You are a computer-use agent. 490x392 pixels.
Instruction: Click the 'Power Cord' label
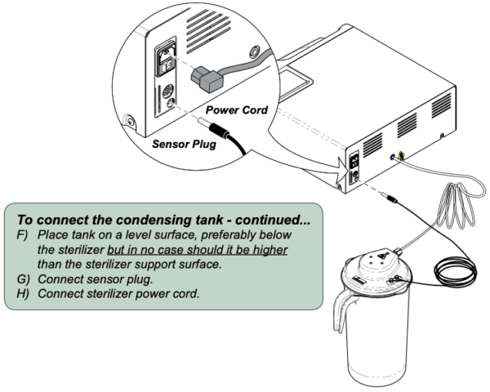tap(235, 109)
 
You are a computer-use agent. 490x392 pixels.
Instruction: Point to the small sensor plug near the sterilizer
tap(390, 197)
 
